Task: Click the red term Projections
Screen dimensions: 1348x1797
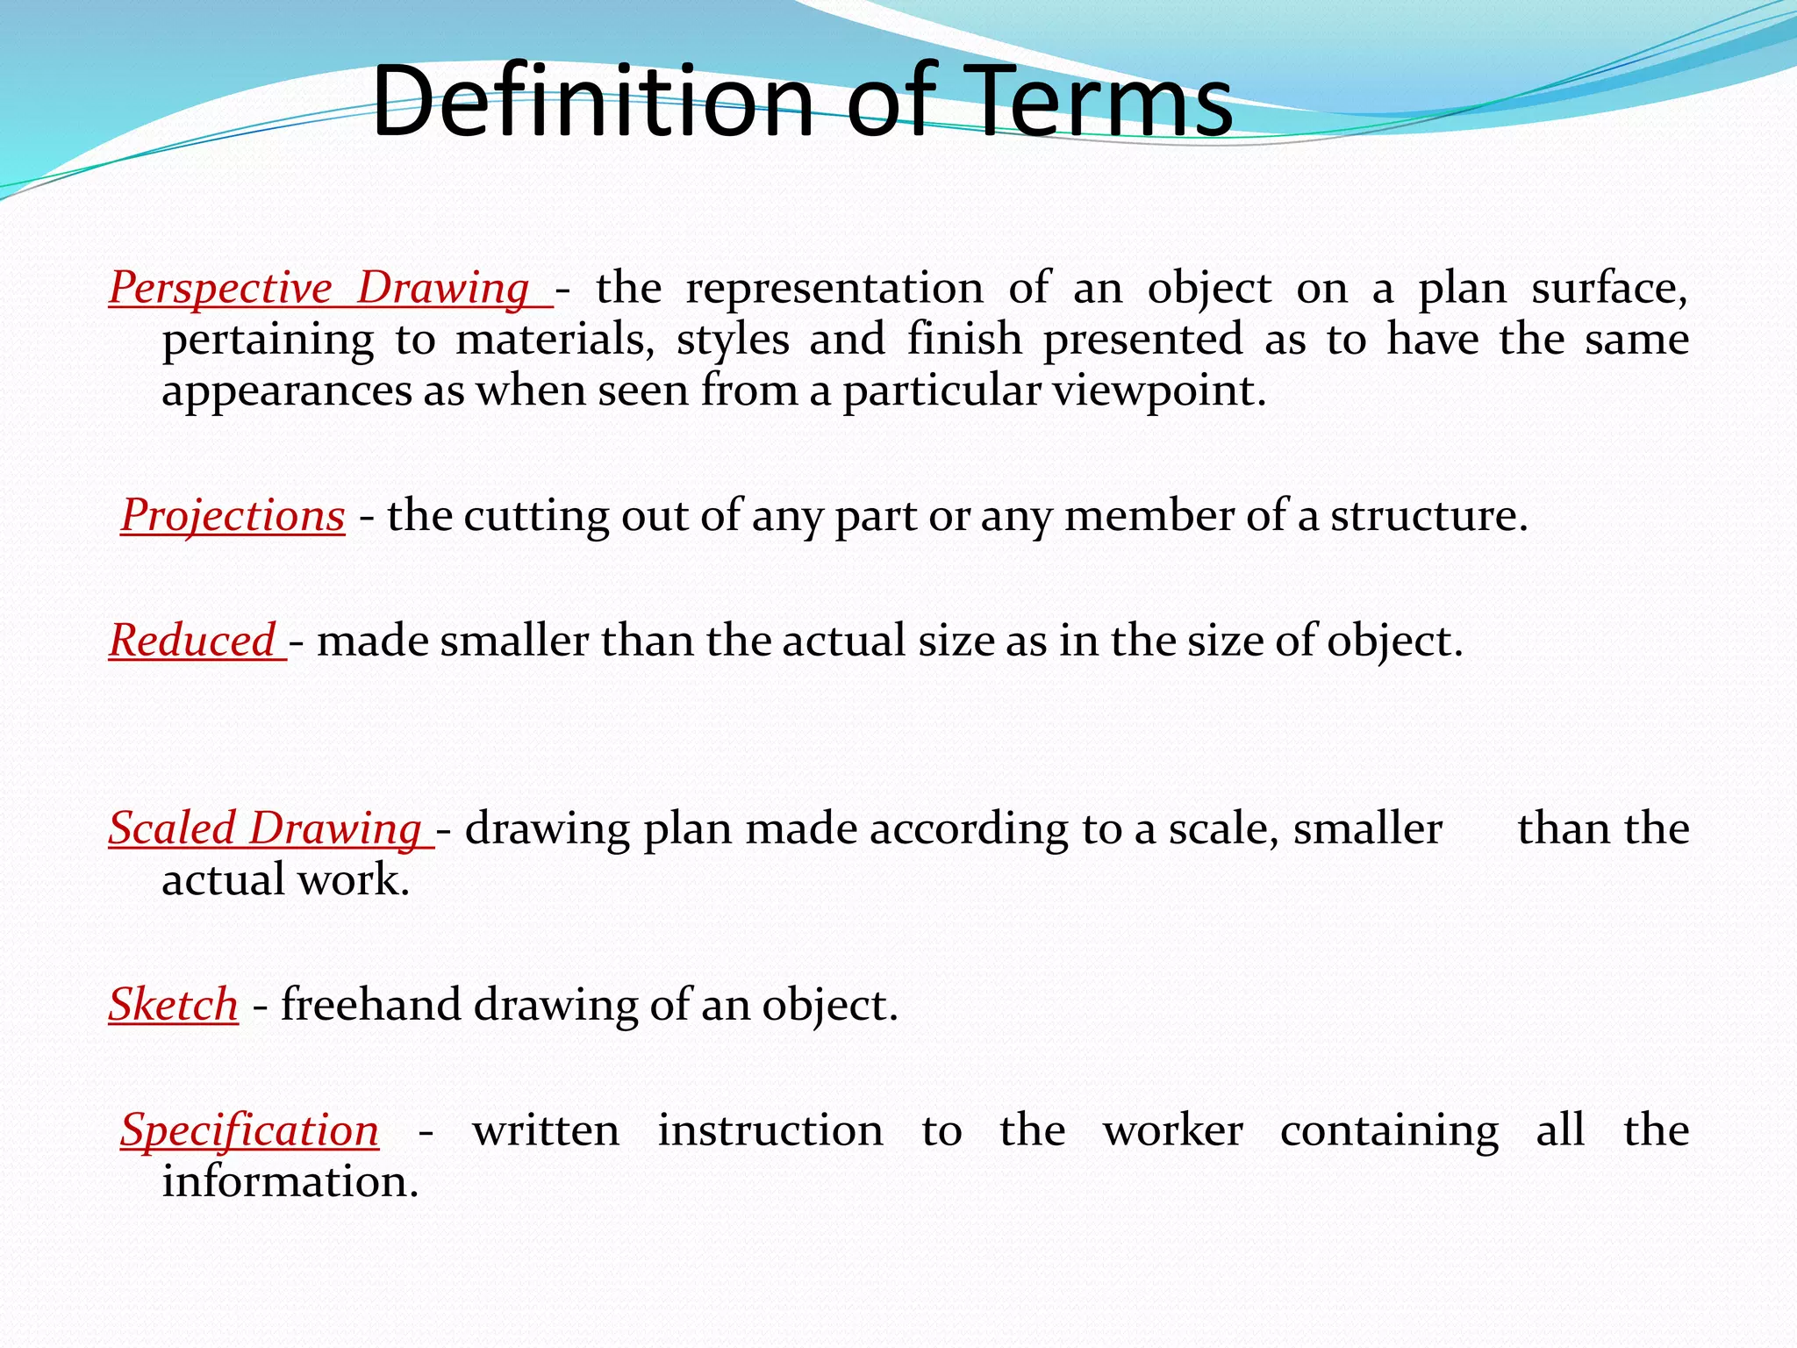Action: click(x=233, y=515)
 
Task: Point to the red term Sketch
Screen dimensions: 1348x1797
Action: click(x=174, y=1004)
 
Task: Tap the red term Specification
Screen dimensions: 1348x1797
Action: click(x=250, y=1130)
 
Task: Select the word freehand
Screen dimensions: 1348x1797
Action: click(x=370, y=1004)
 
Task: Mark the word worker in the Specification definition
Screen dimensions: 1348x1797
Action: click(x=1173, y=1130)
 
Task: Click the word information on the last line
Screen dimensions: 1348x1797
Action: click(x=290, y=1181)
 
